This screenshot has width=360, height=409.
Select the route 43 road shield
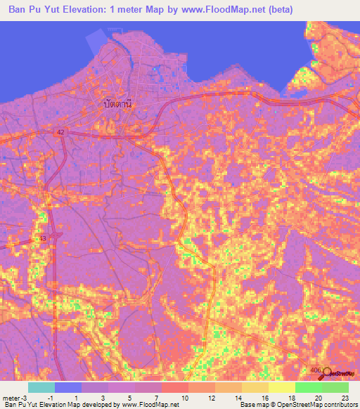(x=44, y=239)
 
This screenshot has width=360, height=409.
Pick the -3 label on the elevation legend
(x=26, y=398)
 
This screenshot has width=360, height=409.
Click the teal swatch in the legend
(x=41, y=387)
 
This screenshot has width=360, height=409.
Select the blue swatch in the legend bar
(x=68, y=387)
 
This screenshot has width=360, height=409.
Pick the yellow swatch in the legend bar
(x=281, y=387)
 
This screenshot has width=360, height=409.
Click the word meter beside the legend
(x=11, y=398)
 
